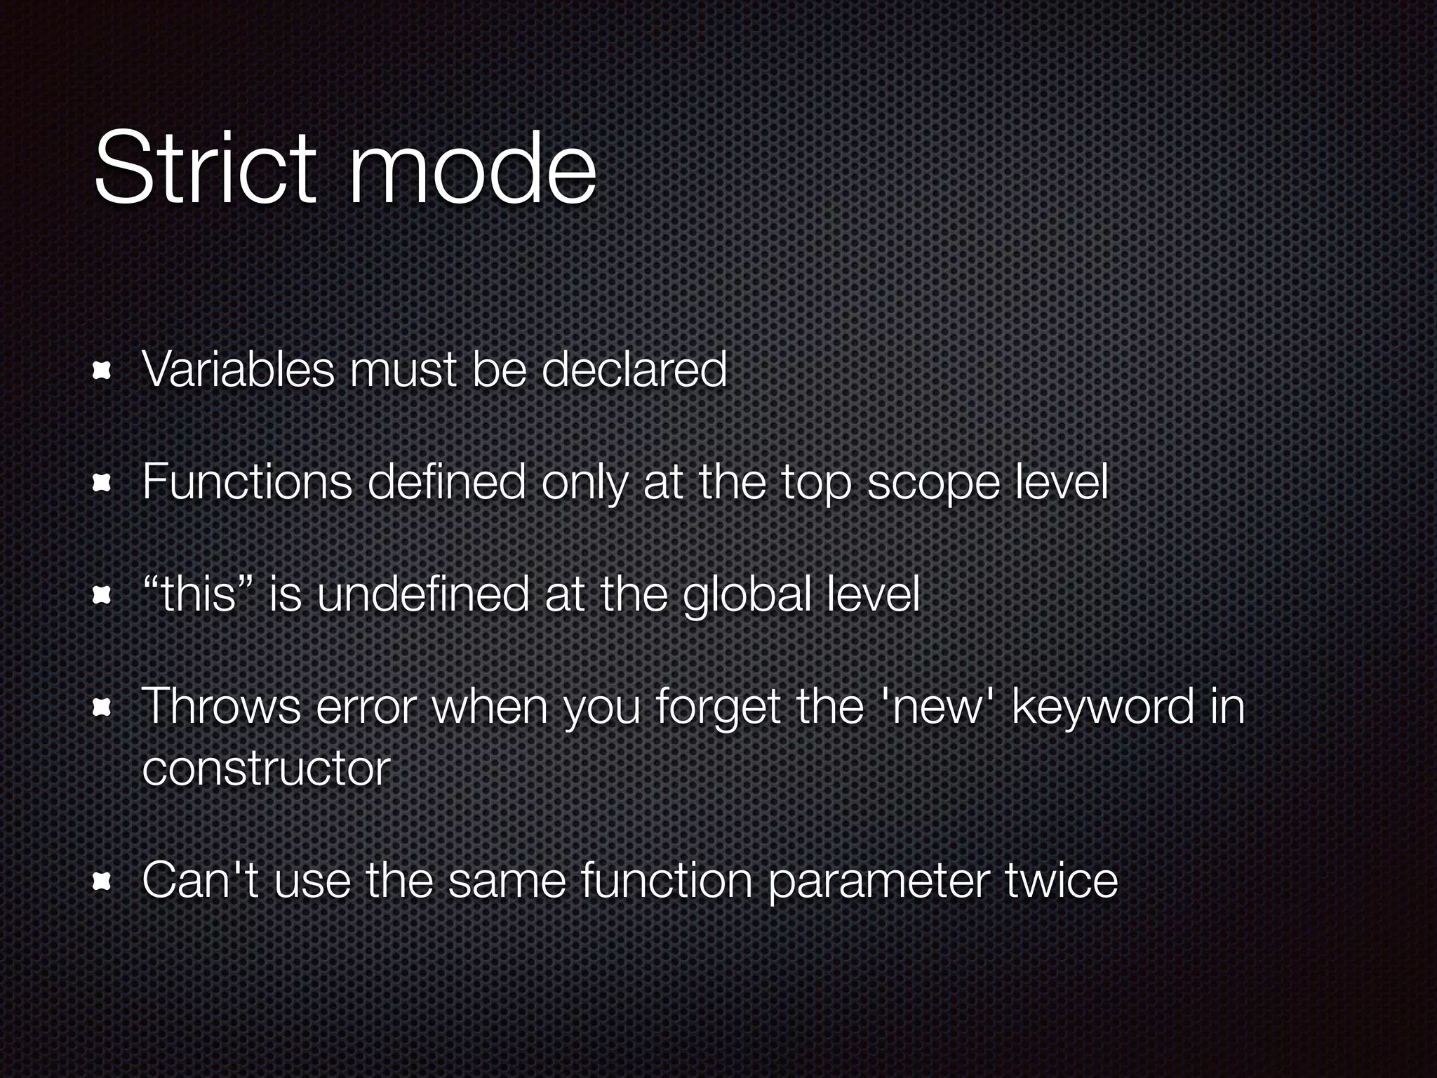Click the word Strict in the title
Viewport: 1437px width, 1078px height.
tap(204, 168)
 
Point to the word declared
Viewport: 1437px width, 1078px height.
tap(634, 369)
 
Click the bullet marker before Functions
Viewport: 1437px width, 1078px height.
tap(102, 483)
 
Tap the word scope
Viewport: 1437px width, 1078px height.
tap(933, 484)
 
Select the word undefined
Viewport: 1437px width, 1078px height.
tap(422, 594)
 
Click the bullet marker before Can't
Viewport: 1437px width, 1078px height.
tap(102, 881)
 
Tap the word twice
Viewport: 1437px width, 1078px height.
tap(1062, 880)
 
